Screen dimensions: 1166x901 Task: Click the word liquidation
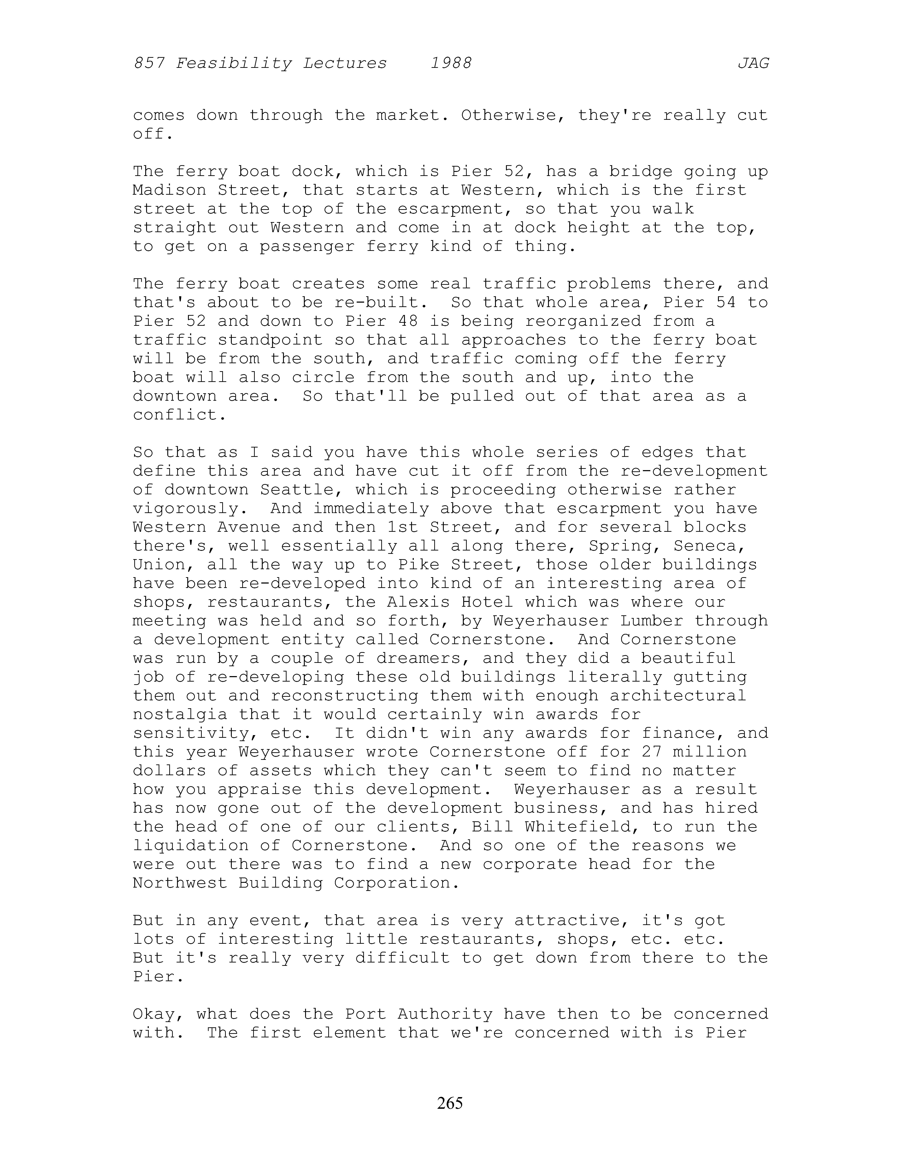[191, 846]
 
